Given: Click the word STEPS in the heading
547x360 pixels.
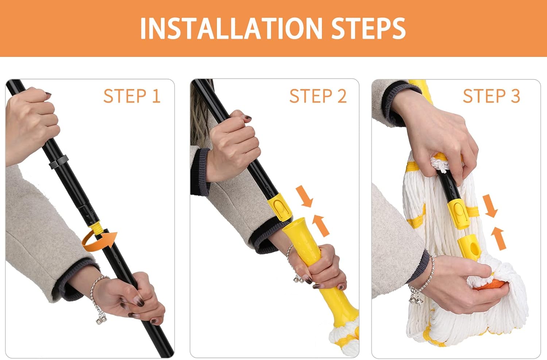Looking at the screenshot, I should [x=368, y=28].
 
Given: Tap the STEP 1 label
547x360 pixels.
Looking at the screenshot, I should [x=132, y=96].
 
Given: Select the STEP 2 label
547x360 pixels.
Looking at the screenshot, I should [x=318, y=96].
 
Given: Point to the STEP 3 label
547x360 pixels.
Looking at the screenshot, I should [x=491, y=96].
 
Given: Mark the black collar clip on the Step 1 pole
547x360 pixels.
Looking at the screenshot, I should [x=59, y=162].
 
